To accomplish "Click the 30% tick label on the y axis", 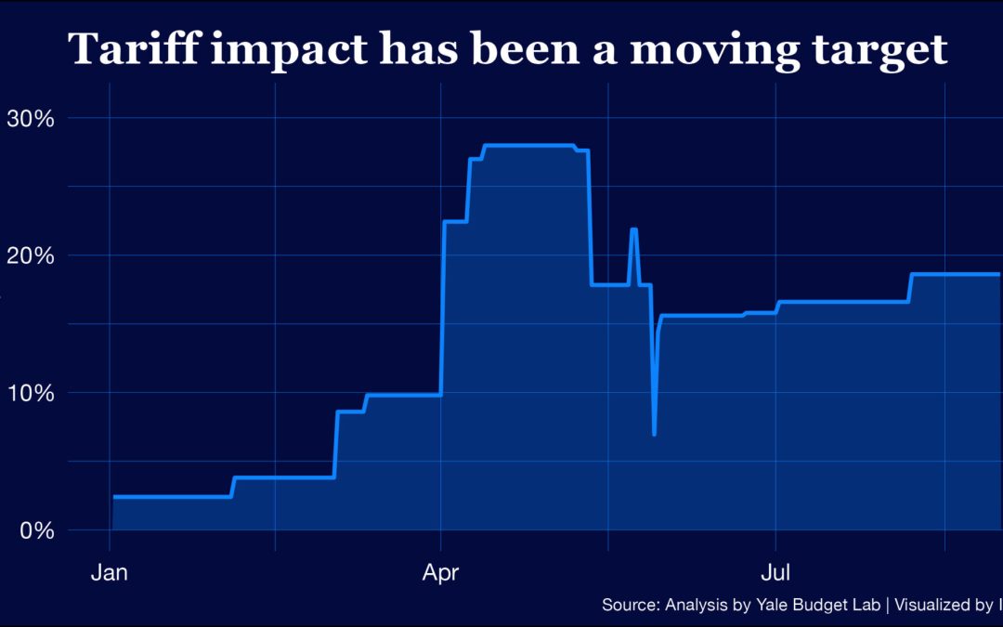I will tap(31, 118).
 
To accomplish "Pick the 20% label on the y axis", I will tap(31, 255).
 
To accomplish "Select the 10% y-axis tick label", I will tap(31, 393).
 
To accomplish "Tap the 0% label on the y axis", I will tap(36, 530).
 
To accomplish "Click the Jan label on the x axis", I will tap(109, 572).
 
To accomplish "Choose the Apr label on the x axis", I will tap(441, 572).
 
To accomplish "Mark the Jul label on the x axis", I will tap(775, 572).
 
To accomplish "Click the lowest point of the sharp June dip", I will tap(655, 434).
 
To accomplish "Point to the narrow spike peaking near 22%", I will tap(633, 229).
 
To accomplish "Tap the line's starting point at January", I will tap(114, 497).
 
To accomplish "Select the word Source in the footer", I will tap(630, 605).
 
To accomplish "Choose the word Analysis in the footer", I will tap(695, 605).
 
